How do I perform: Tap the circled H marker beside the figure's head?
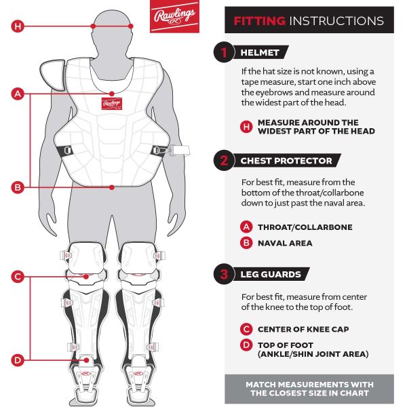(x=18, y=26)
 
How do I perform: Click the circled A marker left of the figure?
(x=18, y=94)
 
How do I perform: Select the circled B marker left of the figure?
(x=18, y=187)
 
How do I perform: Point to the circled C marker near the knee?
(x=18, y=277)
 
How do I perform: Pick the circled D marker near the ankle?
(x=18, y=360)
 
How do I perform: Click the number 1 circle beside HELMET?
(x=223, y=52)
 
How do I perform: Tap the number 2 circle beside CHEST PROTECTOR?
(x=223, y=161)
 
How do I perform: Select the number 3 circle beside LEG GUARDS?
(x=223, y=275)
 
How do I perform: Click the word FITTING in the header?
(x=259, y=20)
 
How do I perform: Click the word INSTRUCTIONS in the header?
(x=336, y=20)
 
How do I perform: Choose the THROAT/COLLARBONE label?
(x=305, y=227)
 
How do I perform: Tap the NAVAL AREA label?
(x=285, y=243)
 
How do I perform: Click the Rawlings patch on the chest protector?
(x=111, y=104)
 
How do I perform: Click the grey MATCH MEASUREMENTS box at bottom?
(x=309, y=389)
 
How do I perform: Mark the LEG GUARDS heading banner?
(x=271, y=275)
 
